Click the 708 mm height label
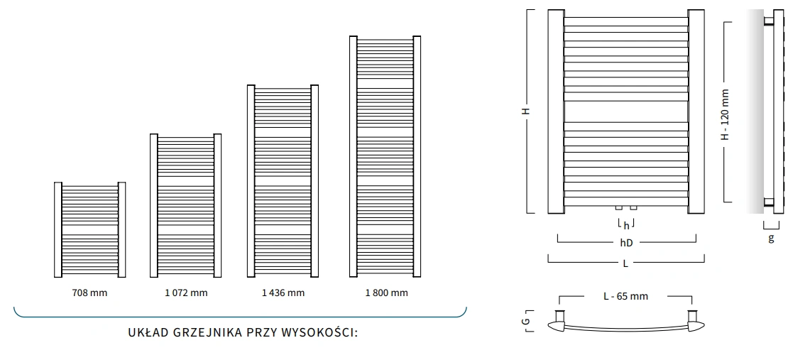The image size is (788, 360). (89, 293)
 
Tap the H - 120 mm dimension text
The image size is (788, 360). (725, 114)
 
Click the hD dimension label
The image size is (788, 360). (626, 243)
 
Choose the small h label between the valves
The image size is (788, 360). (626, 226)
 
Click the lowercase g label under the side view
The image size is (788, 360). (771, 239)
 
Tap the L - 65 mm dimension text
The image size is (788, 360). (625, 296)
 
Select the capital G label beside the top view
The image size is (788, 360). (525, 322)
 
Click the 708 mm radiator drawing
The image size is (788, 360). (89, 229)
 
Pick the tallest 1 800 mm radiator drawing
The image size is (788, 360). (385, 156)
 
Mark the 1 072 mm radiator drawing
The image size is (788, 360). (185, 205)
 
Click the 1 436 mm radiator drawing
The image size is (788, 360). (282, 180)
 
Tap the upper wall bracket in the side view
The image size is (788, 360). (768, 21)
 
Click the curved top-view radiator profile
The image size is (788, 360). (625, 327)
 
